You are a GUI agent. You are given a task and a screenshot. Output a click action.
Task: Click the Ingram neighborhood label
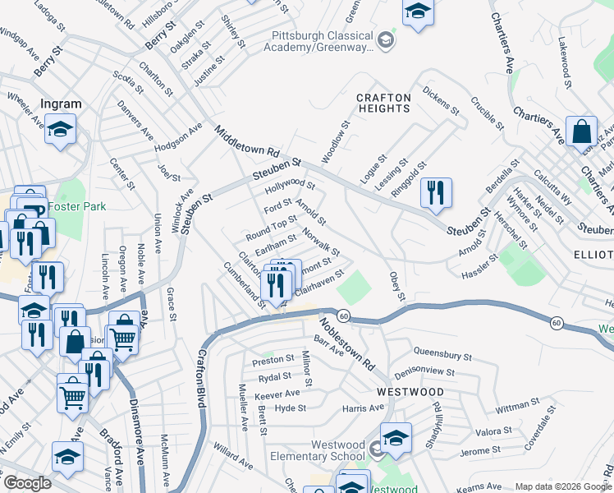click(62, 104)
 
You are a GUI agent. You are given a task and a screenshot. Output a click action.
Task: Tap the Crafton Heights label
click(383, 103)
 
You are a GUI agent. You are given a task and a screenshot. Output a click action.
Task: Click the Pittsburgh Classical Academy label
click(321, 41)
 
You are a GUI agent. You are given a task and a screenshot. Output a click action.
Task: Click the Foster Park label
click(76, 206)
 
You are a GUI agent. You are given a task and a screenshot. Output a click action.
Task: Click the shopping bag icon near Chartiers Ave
click(581, 131)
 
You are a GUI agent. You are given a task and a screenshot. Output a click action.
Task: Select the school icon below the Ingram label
click(60, 130)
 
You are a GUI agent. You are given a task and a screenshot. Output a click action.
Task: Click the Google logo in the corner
click(27, 483)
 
